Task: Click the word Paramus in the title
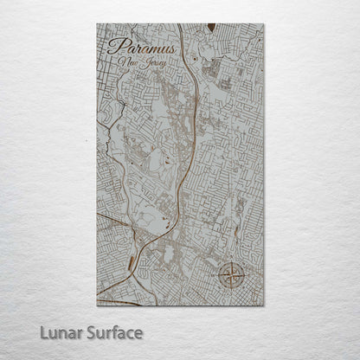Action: coord(143,48)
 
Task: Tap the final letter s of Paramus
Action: coord(172,48)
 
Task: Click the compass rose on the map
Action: coord(231,276)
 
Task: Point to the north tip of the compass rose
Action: coord(231,262)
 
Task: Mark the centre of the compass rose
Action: coord(231,276)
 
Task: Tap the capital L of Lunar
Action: coord(43,331)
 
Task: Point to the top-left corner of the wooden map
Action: coord(97,24)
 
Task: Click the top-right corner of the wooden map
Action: coord(264,24)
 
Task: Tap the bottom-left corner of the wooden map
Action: coord(97,305)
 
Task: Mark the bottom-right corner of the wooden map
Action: coord(264,305)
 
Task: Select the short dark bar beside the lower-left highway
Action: coord(131,260)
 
